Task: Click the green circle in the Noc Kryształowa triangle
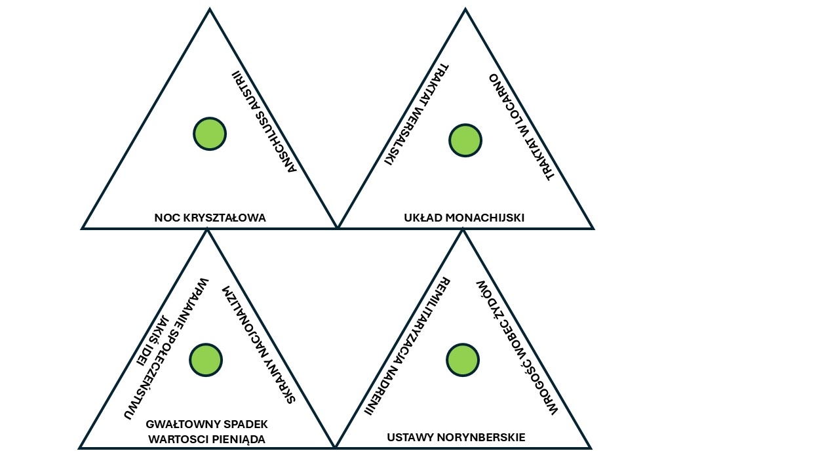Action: [x=210, y=134]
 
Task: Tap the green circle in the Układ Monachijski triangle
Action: [x=465, y=140]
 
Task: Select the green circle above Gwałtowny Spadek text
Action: [x=206, y=360]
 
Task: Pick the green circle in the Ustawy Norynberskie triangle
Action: [x=463, y=360]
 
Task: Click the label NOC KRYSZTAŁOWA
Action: [x=210, y=218]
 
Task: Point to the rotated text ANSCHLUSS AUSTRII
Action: [x=265, y=123]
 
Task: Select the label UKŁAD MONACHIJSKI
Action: [x=464, y=218]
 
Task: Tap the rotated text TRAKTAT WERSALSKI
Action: [x=416, y=115]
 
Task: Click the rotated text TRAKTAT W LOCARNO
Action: [x=522, y=126]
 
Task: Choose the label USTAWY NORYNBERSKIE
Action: [x=456, y=437]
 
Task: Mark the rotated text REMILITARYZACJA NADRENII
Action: [x=407, y=346]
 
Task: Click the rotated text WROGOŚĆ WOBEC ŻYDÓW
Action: [x=516, y=347]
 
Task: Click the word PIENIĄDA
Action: [x=240, y=439]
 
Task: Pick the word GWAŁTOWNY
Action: [x=176, y=424]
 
